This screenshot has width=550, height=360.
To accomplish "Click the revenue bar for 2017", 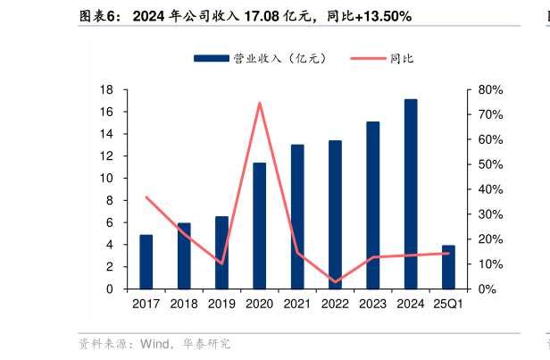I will [146, 262].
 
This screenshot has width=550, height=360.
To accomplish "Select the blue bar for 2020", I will [259, 226].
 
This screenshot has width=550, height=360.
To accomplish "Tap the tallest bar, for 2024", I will [410, 194].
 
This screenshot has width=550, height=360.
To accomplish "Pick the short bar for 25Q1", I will [448, 267].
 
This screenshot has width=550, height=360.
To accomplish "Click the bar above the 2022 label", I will [335, 214].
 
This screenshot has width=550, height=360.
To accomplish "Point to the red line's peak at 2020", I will [259, 103].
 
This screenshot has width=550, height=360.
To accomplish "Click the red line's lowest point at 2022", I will [335, 282].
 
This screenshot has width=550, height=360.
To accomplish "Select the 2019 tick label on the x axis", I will [221, 305].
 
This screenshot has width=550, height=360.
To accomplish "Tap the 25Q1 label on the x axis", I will [447, 305].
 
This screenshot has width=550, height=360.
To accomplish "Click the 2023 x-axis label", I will [372, 305].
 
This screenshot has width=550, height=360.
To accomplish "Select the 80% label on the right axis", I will [490, 90].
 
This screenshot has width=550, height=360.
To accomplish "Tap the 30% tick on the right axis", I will [490, 214].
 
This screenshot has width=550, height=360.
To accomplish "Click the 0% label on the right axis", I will [487, 289].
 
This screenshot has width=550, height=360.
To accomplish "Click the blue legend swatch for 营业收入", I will [211, 58].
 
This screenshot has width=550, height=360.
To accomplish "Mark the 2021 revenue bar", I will [297, 217].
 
